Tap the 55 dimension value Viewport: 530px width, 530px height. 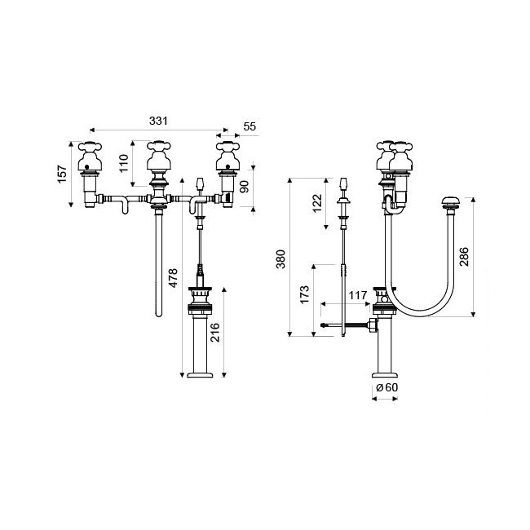(250, 127)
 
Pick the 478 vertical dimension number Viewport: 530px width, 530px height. (172, 278)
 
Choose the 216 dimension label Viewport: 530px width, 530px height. (214, 333)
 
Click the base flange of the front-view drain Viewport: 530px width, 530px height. (201, 375)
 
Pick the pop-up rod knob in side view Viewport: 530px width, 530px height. (345, 182)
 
